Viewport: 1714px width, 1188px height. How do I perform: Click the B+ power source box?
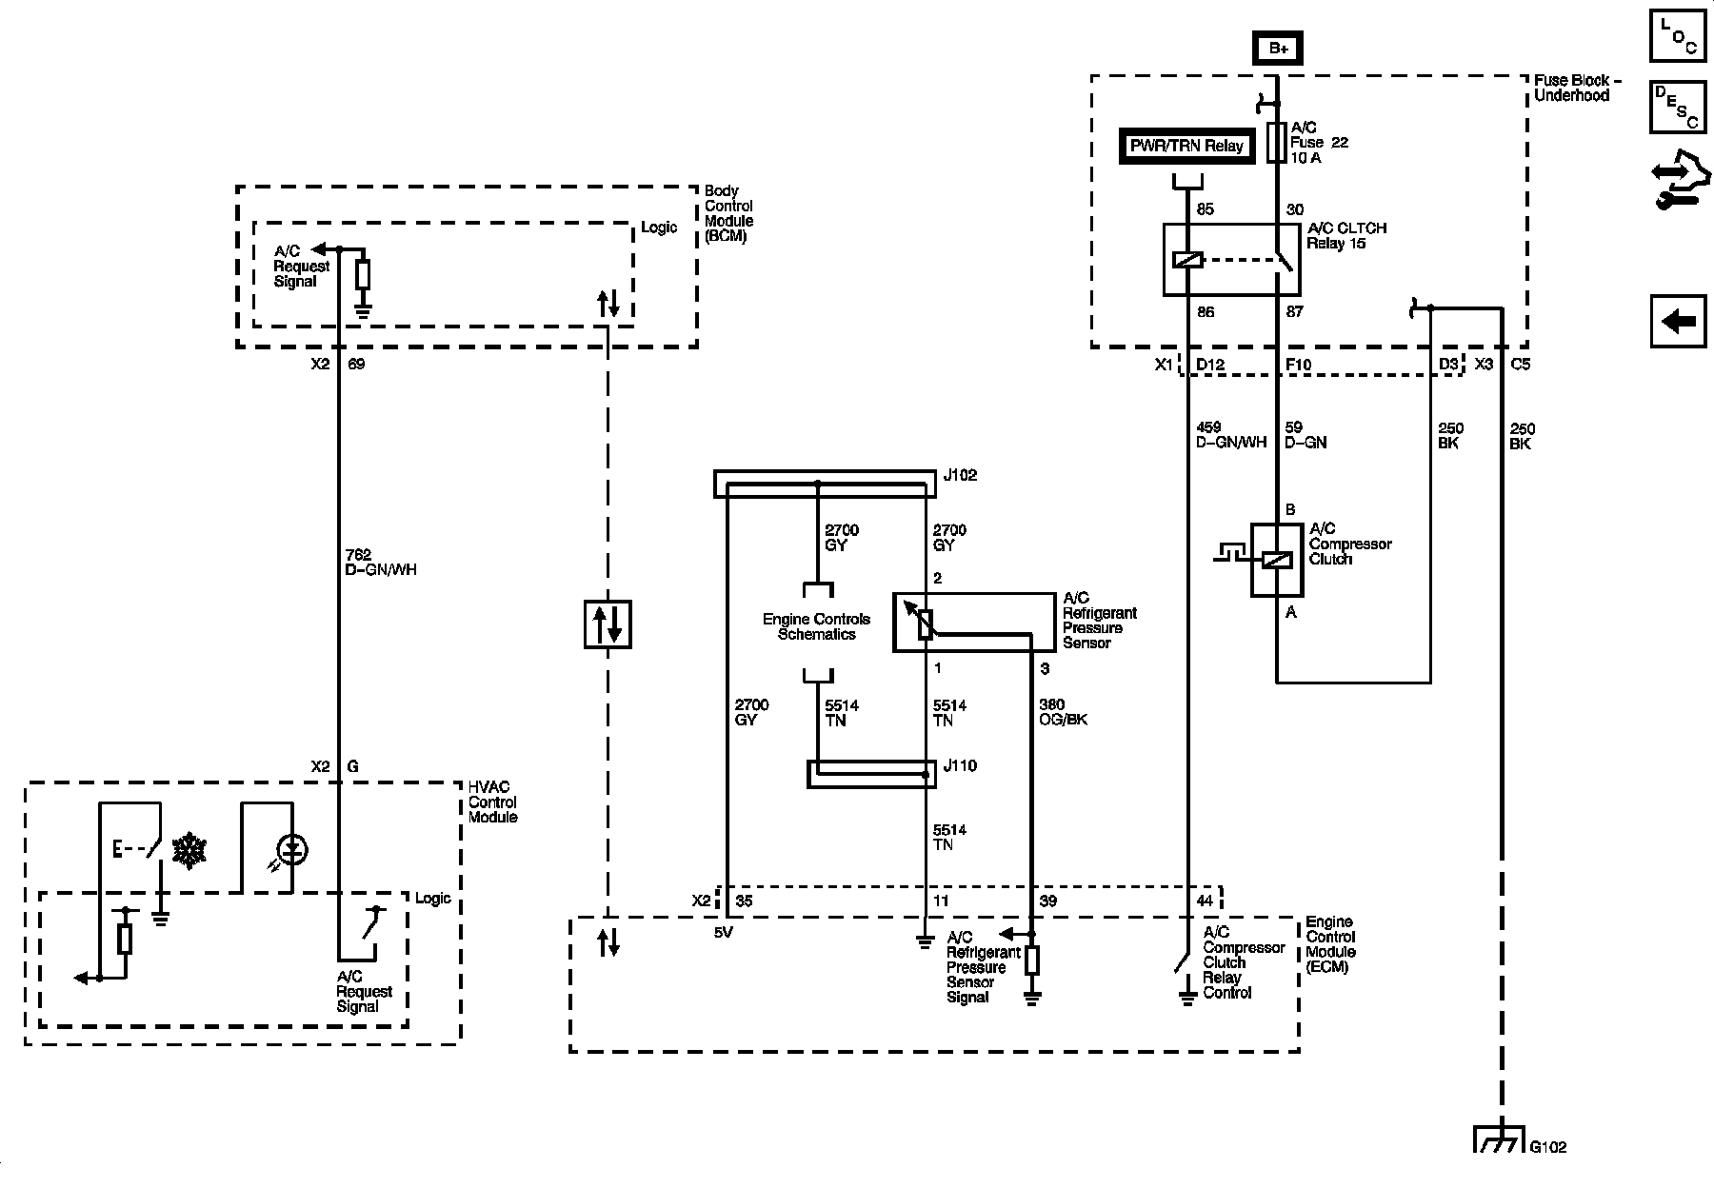point(1278,48)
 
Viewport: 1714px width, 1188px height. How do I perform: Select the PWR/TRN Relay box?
point(1186,147)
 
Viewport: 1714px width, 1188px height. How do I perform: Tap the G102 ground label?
point(1548,1147)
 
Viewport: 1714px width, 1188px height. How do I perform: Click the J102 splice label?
point(960,475)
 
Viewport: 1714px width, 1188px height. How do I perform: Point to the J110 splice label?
point(960,765)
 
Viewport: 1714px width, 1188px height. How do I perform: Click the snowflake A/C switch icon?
point(189,850)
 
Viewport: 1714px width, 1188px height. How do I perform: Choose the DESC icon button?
point(1678,107)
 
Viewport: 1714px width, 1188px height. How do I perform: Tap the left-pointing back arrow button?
point(1678,322)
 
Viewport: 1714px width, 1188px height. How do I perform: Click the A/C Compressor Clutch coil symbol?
point(1277,560)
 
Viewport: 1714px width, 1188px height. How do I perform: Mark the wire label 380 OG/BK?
point(1063,712)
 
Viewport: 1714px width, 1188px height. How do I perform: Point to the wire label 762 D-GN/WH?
point(380,562)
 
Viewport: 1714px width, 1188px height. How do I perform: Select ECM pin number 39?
point(1047,901)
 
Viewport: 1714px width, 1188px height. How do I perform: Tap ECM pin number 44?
point(1205,901)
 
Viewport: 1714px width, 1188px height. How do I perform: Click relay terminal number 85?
point(1206,209)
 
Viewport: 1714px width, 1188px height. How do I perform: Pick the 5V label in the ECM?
point(724,933)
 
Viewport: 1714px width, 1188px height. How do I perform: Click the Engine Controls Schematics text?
point(816,626)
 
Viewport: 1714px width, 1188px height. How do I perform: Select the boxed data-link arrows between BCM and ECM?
point(608,624)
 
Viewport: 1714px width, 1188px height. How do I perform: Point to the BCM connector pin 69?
point(356,364)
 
